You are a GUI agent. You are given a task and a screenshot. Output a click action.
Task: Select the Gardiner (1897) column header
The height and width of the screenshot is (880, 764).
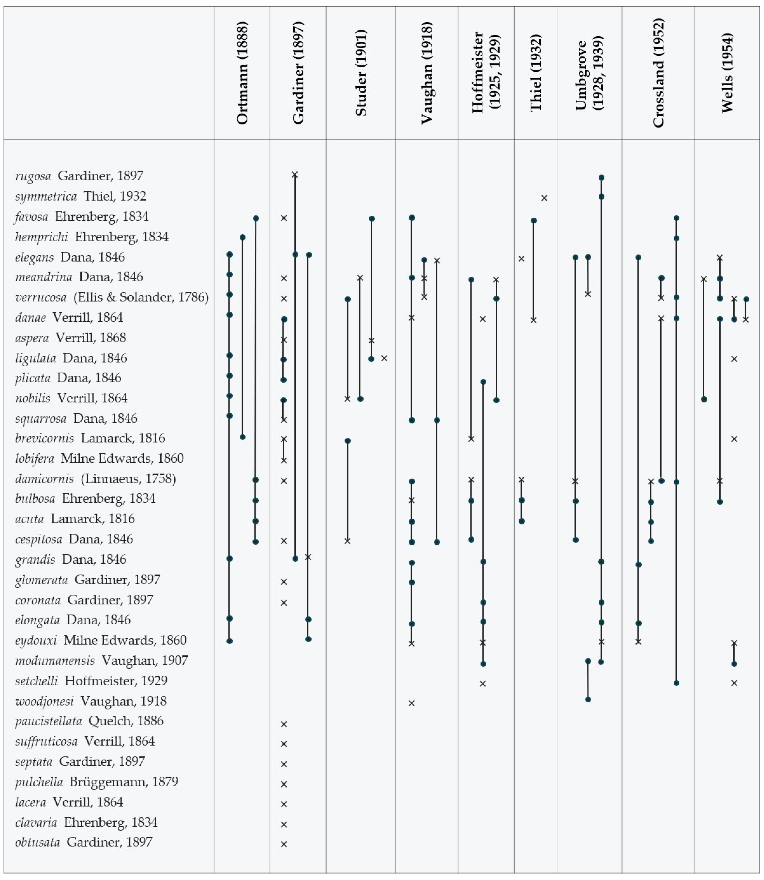tap(298, 73)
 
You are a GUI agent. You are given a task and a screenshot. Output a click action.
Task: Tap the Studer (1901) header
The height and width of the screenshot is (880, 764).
tap(361, 73)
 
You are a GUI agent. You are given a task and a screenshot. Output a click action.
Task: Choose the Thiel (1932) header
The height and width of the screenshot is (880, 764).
tap(536, 73)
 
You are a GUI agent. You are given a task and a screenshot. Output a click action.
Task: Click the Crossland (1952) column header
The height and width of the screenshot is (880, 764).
tap(658, 73)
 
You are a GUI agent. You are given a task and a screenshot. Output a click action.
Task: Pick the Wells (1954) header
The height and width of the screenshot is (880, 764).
tap(727, 73)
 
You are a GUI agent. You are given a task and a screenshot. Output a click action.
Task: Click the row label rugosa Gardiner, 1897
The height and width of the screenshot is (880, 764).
tap(79, 175)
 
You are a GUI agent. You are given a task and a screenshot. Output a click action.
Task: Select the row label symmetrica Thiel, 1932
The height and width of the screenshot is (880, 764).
tap(81, 196)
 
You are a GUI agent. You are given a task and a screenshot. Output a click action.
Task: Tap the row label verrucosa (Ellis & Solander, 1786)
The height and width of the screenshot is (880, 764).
tap(112, 297)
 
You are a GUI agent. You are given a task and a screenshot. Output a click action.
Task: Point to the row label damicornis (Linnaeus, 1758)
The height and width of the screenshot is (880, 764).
tap(95, 479)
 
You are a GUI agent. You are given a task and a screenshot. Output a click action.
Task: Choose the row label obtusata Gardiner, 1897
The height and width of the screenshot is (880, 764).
tap(84, 842)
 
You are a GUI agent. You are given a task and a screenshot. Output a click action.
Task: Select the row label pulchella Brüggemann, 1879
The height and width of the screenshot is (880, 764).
tap(96, 782)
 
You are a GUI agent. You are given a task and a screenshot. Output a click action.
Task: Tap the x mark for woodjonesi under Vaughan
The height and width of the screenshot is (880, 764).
tap(411, 703)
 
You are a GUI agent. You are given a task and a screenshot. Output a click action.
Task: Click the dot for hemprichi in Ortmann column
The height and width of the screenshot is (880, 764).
tap(242, 237)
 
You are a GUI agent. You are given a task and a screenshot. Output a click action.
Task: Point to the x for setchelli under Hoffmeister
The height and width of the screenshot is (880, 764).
tap(483, 684)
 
